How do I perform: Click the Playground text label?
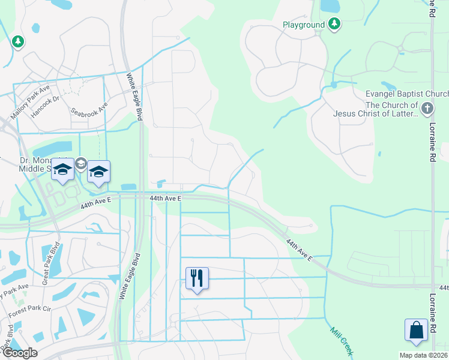coord(304,25)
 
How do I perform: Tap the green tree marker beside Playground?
coord(334,25)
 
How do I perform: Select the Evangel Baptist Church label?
coord(407,94)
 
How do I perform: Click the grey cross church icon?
coord(427,109)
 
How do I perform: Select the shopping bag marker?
coord(416,330)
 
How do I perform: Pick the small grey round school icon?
coord(81,162)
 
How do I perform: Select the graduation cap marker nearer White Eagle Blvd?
coord(98,172)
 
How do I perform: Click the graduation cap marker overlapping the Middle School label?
coord(62,170)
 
